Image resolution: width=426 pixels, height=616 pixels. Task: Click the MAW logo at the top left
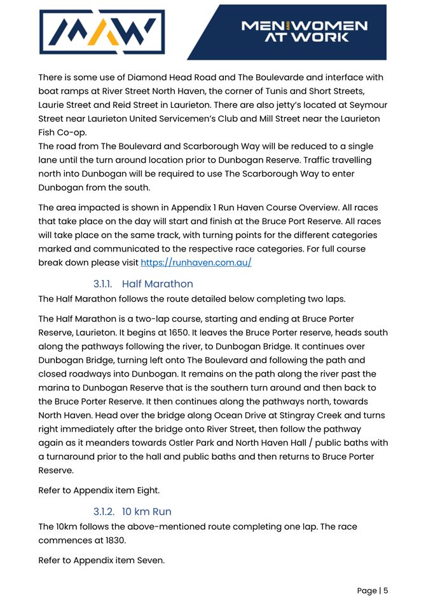[x=102, y=32]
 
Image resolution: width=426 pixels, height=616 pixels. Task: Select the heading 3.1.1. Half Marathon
[x=143, y=283]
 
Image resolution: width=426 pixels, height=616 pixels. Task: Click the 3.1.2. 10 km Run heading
[x=132, y=511]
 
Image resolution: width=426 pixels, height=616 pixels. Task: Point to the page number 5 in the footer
[x=385, y=591]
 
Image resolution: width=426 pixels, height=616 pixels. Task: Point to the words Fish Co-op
[x=62, y=133]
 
